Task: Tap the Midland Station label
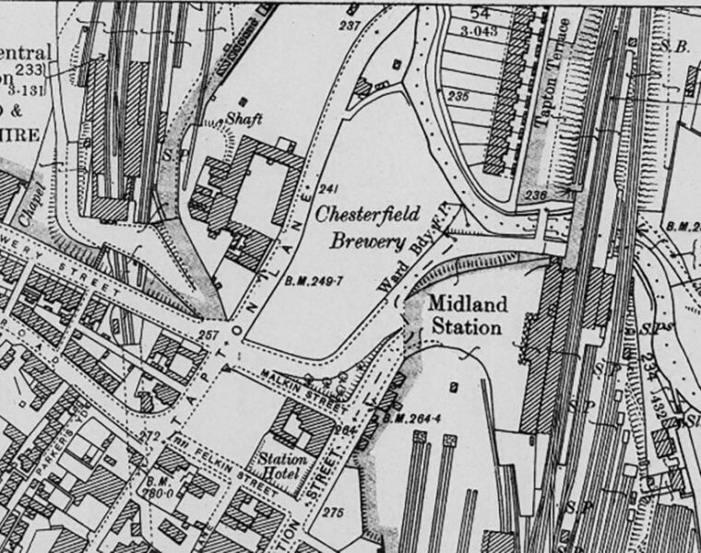point(465,314)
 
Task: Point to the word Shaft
point(244,119)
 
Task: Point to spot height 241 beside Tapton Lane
point(325,190)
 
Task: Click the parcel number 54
point(480,13)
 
